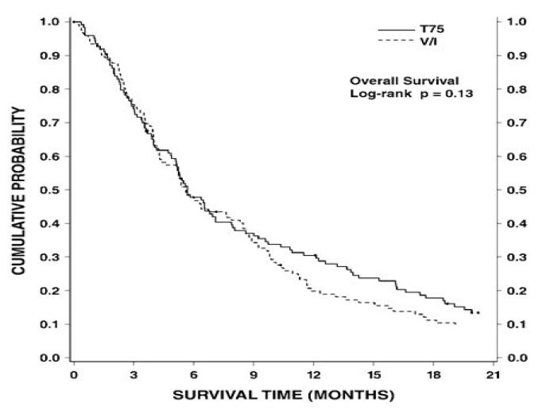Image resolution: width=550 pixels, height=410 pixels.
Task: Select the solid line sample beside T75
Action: tap(395, 29)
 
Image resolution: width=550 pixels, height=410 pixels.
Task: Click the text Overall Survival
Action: tap(395, 79)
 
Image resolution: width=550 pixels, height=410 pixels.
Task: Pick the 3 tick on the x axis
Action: tap(134, 374)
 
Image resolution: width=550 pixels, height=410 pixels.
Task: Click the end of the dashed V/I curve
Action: tap(456, 323)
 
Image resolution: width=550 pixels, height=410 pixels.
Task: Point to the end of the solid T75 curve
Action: tap(478, 312)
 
